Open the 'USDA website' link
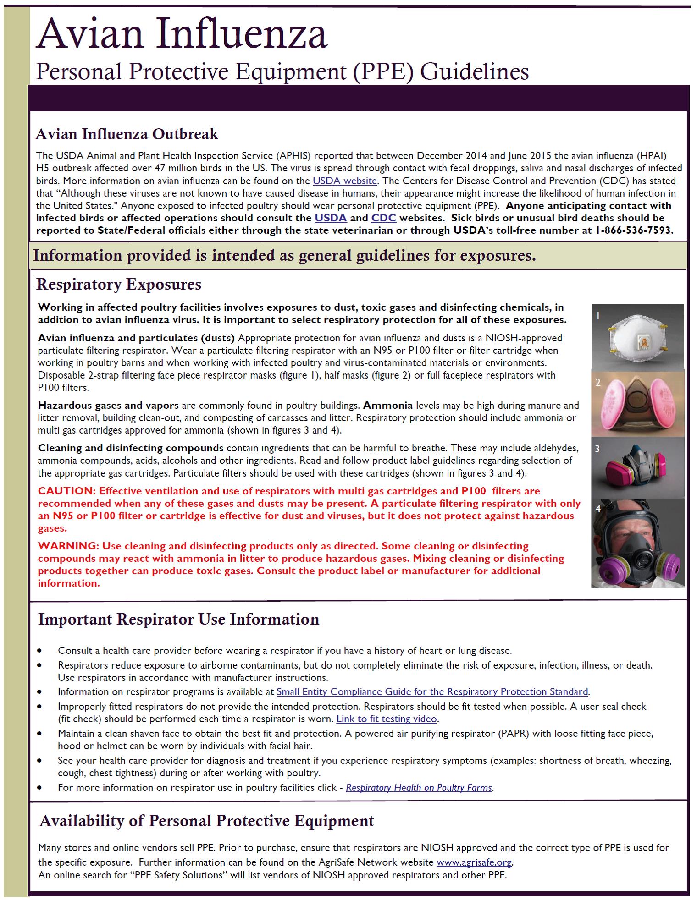pyautogui.click(x=344, y=181)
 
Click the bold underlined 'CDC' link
pyautogui.click(x=383, y=218)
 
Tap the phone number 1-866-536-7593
pyautogui.click(x=634, y=230)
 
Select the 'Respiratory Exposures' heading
pyautogui.click(x=119, y=285)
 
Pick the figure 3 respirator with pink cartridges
pyautogui.click(x=637, y=467)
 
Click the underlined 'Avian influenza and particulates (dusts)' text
pyautogui.click(x=136, y=338)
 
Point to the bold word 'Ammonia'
pyautogui.click(x=388, y=406)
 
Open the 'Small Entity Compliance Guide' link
pyautogui.click(x=432, y=692)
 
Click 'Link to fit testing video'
pyautogui.click(x=387, y=719)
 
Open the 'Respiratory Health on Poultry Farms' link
pyautogui.click(x=419, y=788)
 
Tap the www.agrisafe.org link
pyautogui.click(x=474, y=862)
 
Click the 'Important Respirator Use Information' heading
pyautogui.click(x=178, y=620)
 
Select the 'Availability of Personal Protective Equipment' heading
pyautogui.click(x=207, y=821)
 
